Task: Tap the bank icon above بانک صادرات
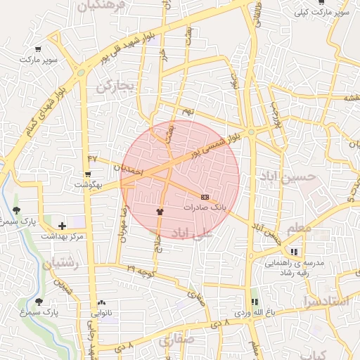coord(205,197)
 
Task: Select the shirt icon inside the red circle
coord(159,210)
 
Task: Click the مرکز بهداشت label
coord(62,237)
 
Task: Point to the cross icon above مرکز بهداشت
coord(62,226)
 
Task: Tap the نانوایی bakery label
coord(103,314)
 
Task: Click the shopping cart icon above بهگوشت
coord(89,174)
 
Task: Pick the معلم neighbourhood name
coord(298,228)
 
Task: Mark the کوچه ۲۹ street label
coord(141,269)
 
